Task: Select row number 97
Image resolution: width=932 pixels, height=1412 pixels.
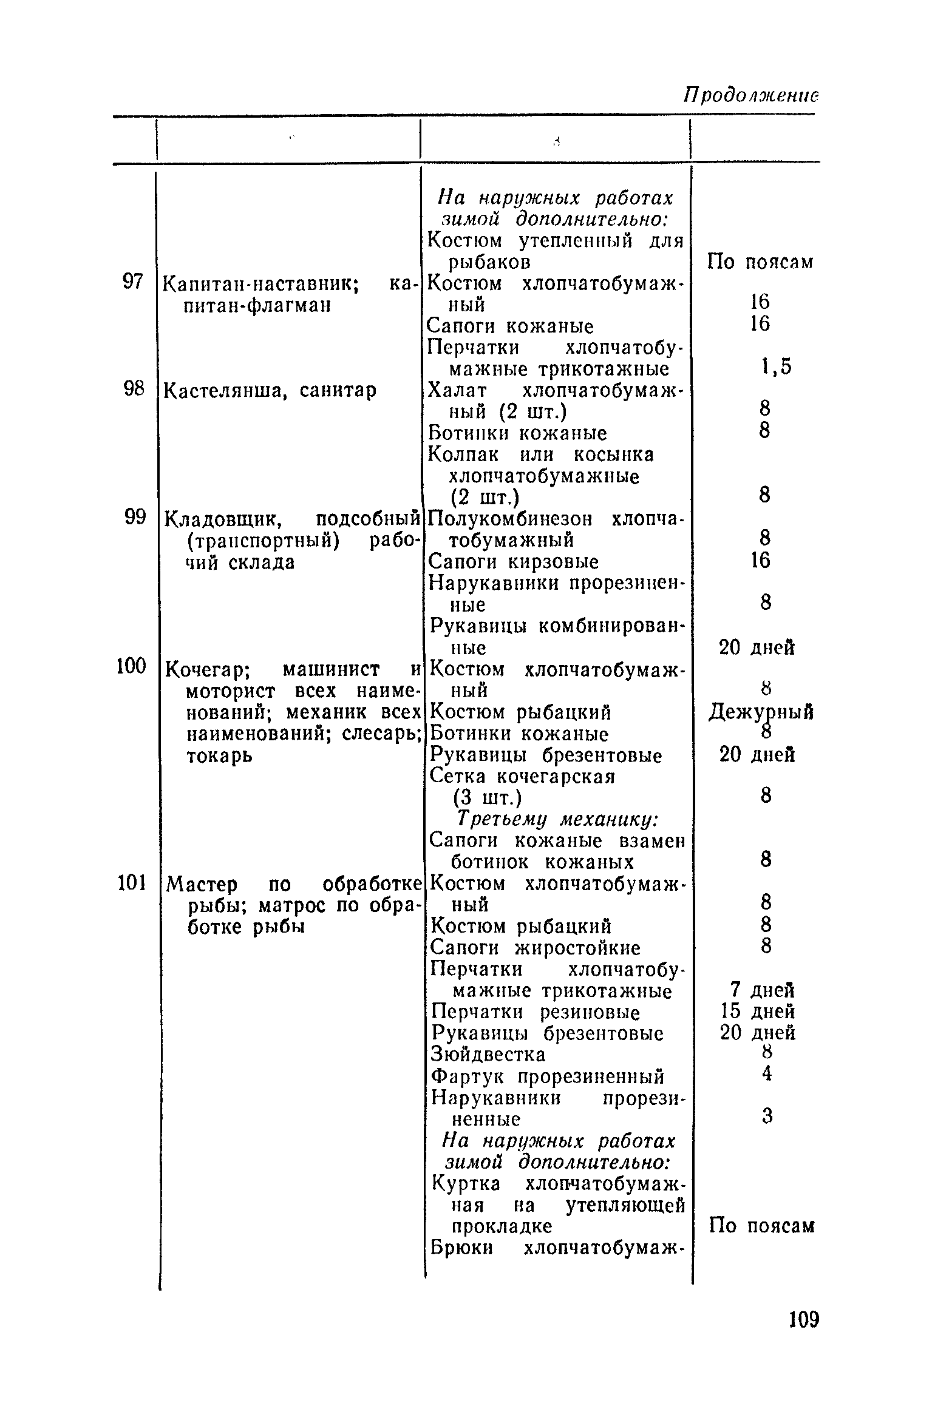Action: [x=133, y=282]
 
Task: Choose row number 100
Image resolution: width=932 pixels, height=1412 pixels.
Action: [x=131, y=667]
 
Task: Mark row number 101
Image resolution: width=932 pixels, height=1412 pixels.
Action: [x=131, y=883]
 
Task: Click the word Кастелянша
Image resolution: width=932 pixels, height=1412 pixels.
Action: [x=219, y=391]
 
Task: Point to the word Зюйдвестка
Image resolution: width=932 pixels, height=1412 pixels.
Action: [x=488, y=1055]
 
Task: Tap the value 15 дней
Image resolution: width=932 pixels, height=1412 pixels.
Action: [x=758, y=1012]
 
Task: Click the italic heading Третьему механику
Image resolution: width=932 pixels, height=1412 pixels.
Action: [x=557, y=820]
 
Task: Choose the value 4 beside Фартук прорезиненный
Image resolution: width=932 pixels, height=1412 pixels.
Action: [x=766, y=1074]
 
